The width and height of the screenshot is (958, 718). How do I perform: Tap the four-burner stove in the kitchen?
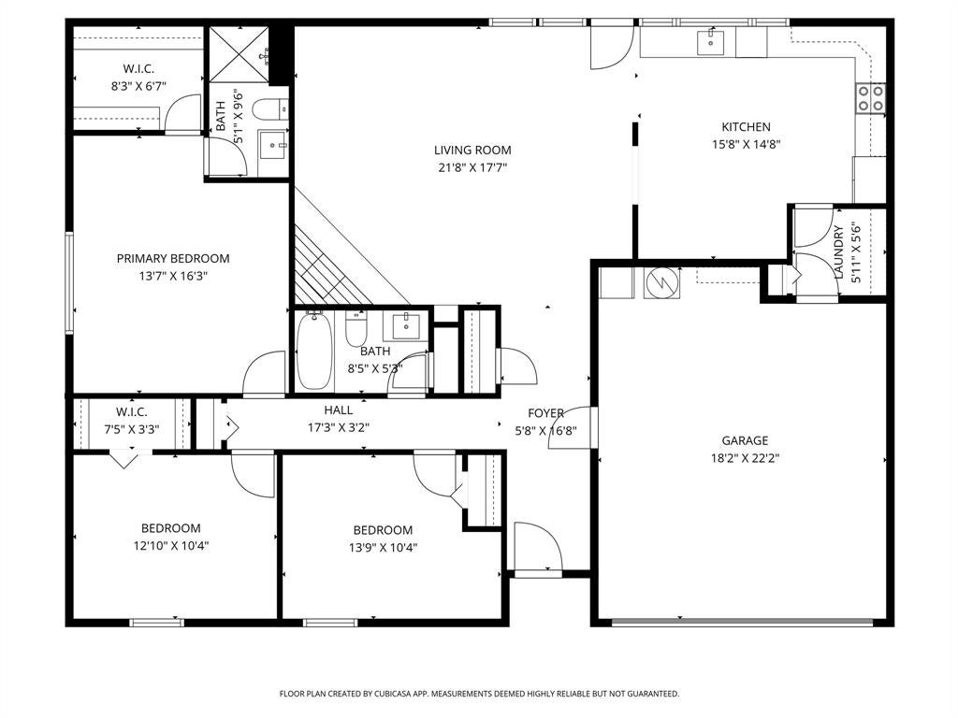click(x=871, y=98)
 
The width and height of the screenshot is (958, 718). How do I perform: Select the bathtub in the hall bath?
click(x=314, y=351)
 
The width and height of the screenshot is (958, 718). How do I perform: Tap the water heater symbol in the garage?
click(x=661, y=282)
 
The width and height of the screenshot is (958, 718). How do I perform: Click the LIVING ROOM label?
click(x=472, y=151)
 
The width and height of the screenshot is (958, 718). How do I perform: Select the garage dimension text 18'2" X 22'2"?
click(x=745, y=458)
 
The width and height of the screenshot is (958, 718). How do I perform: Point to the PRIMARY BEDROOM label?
click(x=173, y=258)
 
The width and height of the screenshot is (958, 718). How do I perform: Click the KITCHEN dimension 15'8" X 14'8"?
click(x=746, y=145)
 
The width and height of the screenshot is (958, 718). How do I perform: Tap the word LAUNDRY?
click(x=838, y=251)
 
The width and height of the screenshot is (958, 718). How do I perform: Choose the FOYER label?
click(x=545, y=413)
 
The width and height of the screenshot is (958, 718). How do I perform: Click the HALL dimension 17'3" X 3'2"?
click(x=339, y=427)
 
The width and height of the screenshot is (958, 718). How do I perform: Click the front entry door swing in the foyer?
click(x=538, y=546)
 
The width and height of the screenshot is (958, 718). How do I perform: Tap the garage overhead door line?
click(x=742, y=622)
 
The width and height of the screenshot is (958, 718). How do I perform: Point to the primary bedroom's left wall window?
click(x=69, y=282)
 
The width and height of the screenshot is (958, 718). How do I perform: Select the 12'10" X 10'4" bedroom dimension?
click(x=171, y=546)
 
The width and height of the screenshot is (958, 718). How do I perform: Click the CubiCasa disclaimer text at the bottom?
click(x=479, y=695)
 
